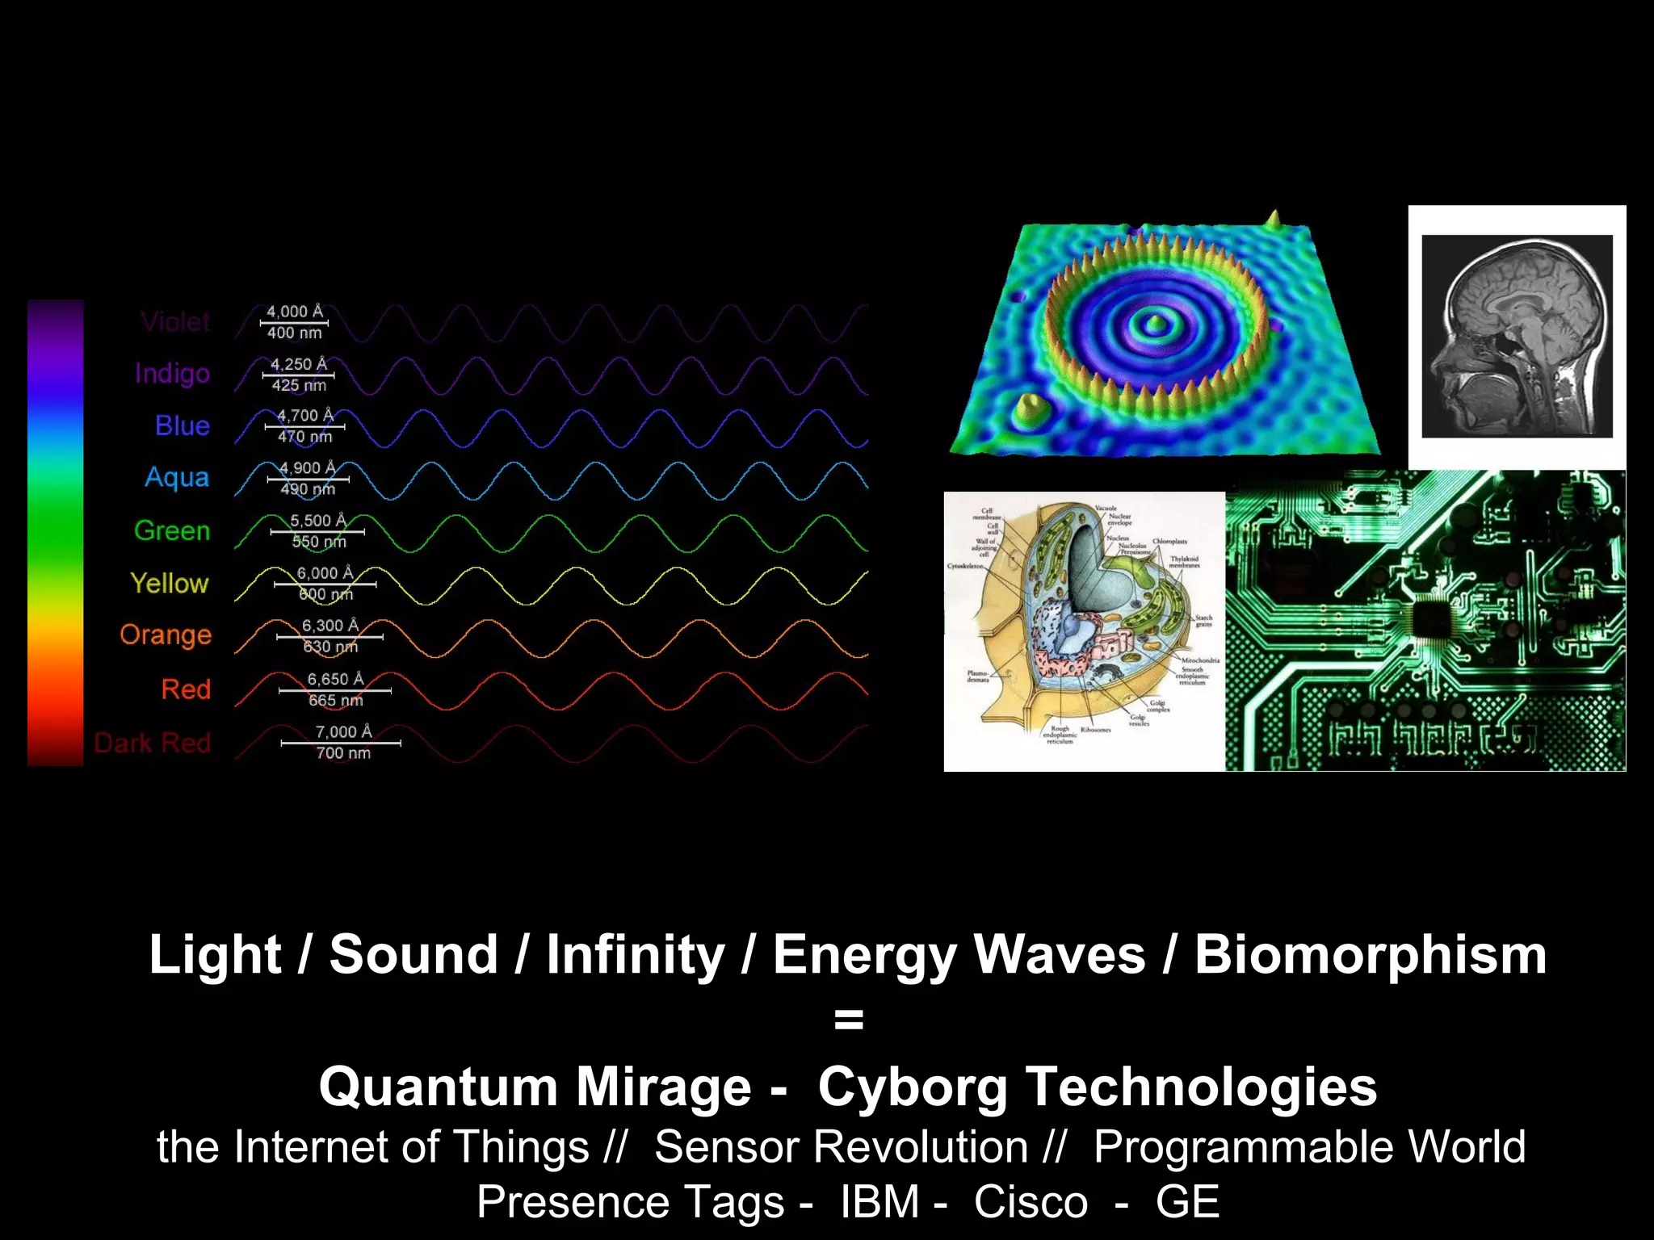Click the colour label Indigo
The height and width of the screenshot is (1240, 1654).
[172, 374]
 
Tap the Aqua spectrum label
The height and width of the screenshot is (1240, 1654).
[177, 478]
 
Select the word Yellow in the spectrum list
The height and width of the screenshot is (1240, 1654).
[170, 583]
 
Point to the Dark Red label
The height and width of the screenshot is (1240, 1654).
[153, 743]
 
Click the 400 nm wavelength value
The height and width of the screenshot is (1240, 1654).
[294, 333]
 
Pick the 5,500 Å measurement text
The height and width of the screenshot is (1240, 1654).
[317, 521]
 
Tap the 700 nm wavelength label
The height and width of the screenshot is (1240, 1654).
[343, 753]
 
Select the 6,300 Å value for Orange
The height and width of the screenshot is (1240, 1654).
[330, 626]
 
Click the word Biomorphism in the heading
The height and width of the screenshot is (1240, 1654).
[1370, 955]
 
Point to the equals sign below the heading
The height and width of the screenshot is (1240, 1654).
[848, 1020]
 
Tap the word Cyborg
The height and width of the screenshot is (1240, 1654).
[913, 1087]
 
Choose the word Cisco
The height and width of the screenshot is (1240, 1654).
[1031, 1202]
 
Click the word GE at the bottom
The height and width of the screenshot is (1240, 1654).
[1186, 1202]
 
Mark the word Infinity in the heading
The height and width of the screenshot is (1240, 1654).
[636, 955]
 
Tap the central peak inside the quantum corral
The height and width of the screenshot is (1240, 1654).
[1153, 324]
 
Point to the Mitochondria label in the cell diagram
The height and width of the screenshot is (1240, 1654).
[1199, 660]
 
